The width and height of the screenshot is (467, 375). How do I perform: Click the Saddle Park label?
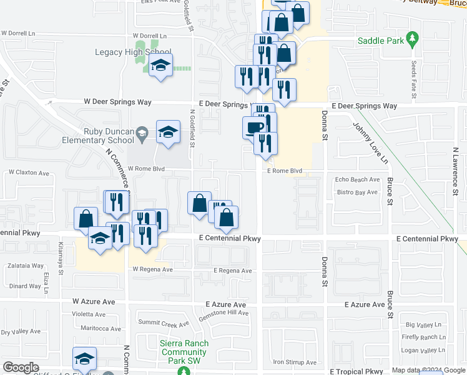tap(378, 41)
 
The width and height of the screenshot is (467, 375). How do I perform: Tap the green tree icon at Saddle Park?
tap(412, 40)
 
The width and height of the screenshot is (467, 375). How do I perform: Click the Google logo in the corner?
tap(21, 367)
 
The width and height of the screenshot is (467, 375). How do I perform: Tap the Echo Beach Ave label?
tap(357, 179)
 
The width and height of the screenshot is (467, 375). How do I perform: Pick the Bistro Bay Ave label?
tap(356, 192)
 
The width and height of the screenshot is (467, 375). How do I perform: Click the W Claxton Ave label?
tap(28, 172)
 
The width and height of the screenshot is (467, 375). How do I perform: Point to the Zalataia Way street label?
tap(26, 266)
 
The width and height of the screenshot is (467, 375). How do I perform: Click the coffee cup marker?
tap(253, 127)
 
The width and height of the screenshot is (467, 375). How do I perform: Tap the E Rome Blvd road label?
tap(285, 171)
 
